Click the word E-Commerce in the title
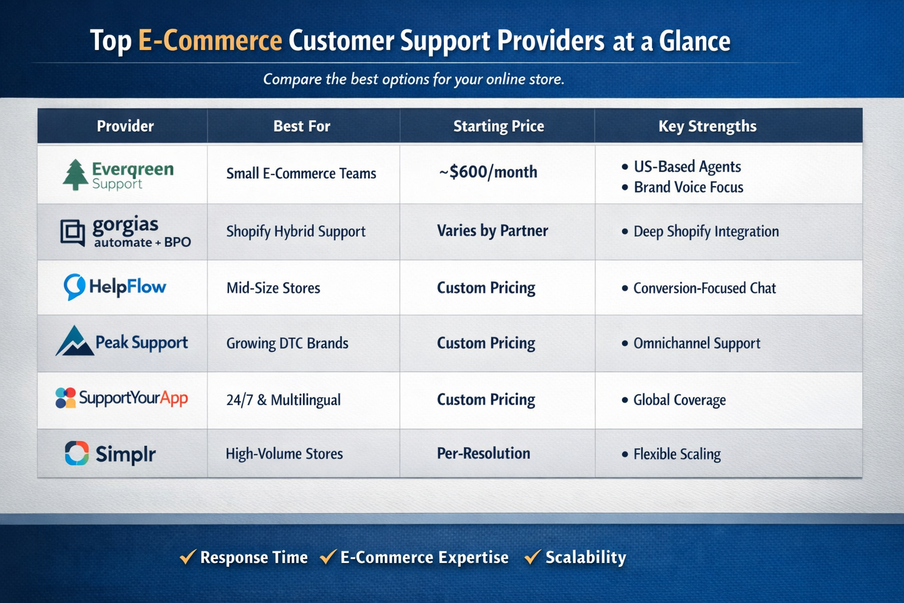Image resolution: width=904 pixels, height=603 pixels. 210,41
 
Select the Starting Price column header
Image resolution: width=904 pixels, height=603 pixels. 498,126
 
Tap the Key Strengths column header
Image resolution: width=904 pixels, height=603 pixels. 707,126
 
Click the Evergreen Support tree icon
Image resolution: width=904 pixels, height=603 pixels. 75,175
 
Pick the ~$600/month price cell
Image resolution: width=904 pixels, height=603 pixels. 488,172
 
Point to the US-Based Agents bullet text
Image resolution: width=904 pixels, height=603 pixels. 687,167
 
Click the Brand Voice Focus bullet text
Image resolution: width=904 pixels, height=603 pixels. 688,187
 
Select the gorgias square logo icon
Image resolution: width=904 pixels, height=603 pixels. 73,232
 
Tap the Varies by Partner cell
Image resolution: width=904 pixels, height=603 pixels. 492,231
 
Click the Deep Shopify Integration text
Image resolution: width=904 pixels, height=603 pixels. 706,231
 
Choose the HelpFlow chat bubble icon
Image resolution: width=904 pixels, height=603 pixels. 74,287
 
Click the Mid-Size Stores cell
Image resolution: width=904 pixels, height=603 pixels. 273,288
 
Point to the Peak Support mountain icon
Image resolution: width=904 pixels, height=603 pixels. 74,341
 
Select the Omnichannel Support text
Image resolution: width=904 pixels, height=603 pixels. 696,343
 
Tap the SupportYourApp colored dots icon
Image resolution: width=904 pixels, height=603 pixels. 65,398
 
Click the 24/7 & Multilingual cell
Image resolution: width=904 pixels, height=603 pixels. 283,400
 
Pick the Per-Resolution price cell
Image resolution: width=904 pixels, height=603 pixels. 483,453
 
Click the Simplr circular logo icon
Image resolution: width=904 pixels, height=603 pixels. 77,453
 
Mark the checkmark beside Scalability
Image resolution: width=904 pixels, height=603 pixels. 533,556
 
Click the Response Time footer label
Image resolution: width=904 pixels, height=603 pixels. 254,557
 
